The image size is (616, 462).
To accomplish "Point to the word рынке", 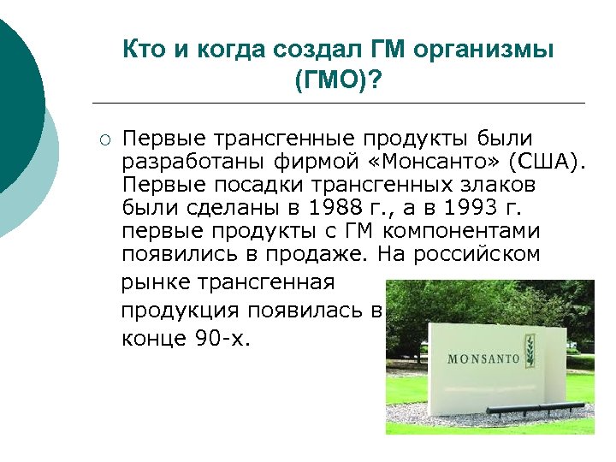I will tap(156, 281).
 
